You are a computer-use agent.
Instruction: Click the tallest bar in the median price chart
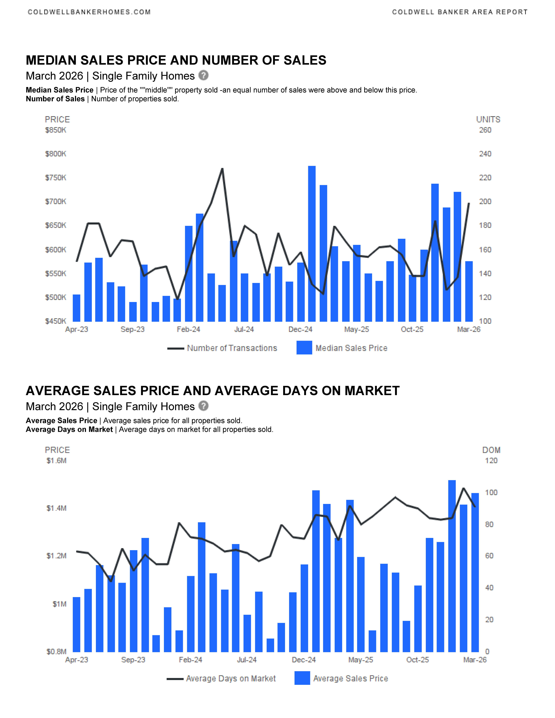tap(312, 243)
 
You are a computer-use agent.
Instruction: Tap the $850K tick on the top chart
tap(56, 130)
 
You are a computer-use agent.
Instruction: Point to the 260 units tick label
tap(485, 130)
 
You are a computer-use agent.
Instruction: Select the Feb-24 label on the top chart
tap(188, 329)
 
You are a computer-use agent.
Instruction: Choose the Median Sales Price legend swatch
tap(304, 348)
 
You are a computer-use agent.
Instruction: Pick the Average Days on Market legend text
tap(231, 679)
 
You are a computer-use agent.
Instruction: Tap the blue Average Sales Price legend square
tap(302, 678)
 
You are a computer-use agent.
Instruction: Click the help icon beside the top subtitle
tap(203, 75)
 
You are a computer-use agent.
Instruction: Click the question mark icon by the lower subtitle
tap(203, 406)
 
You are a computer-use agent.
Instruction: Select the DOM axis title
tap(491, 450)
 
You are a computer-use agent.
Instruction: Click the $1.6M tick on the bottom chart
tap(57, 461)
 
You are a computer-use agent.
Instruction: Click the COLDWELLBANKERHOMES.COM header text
tap(89, 12)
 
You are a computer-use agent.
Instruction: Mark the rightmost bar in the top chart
tap(469, 291)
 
